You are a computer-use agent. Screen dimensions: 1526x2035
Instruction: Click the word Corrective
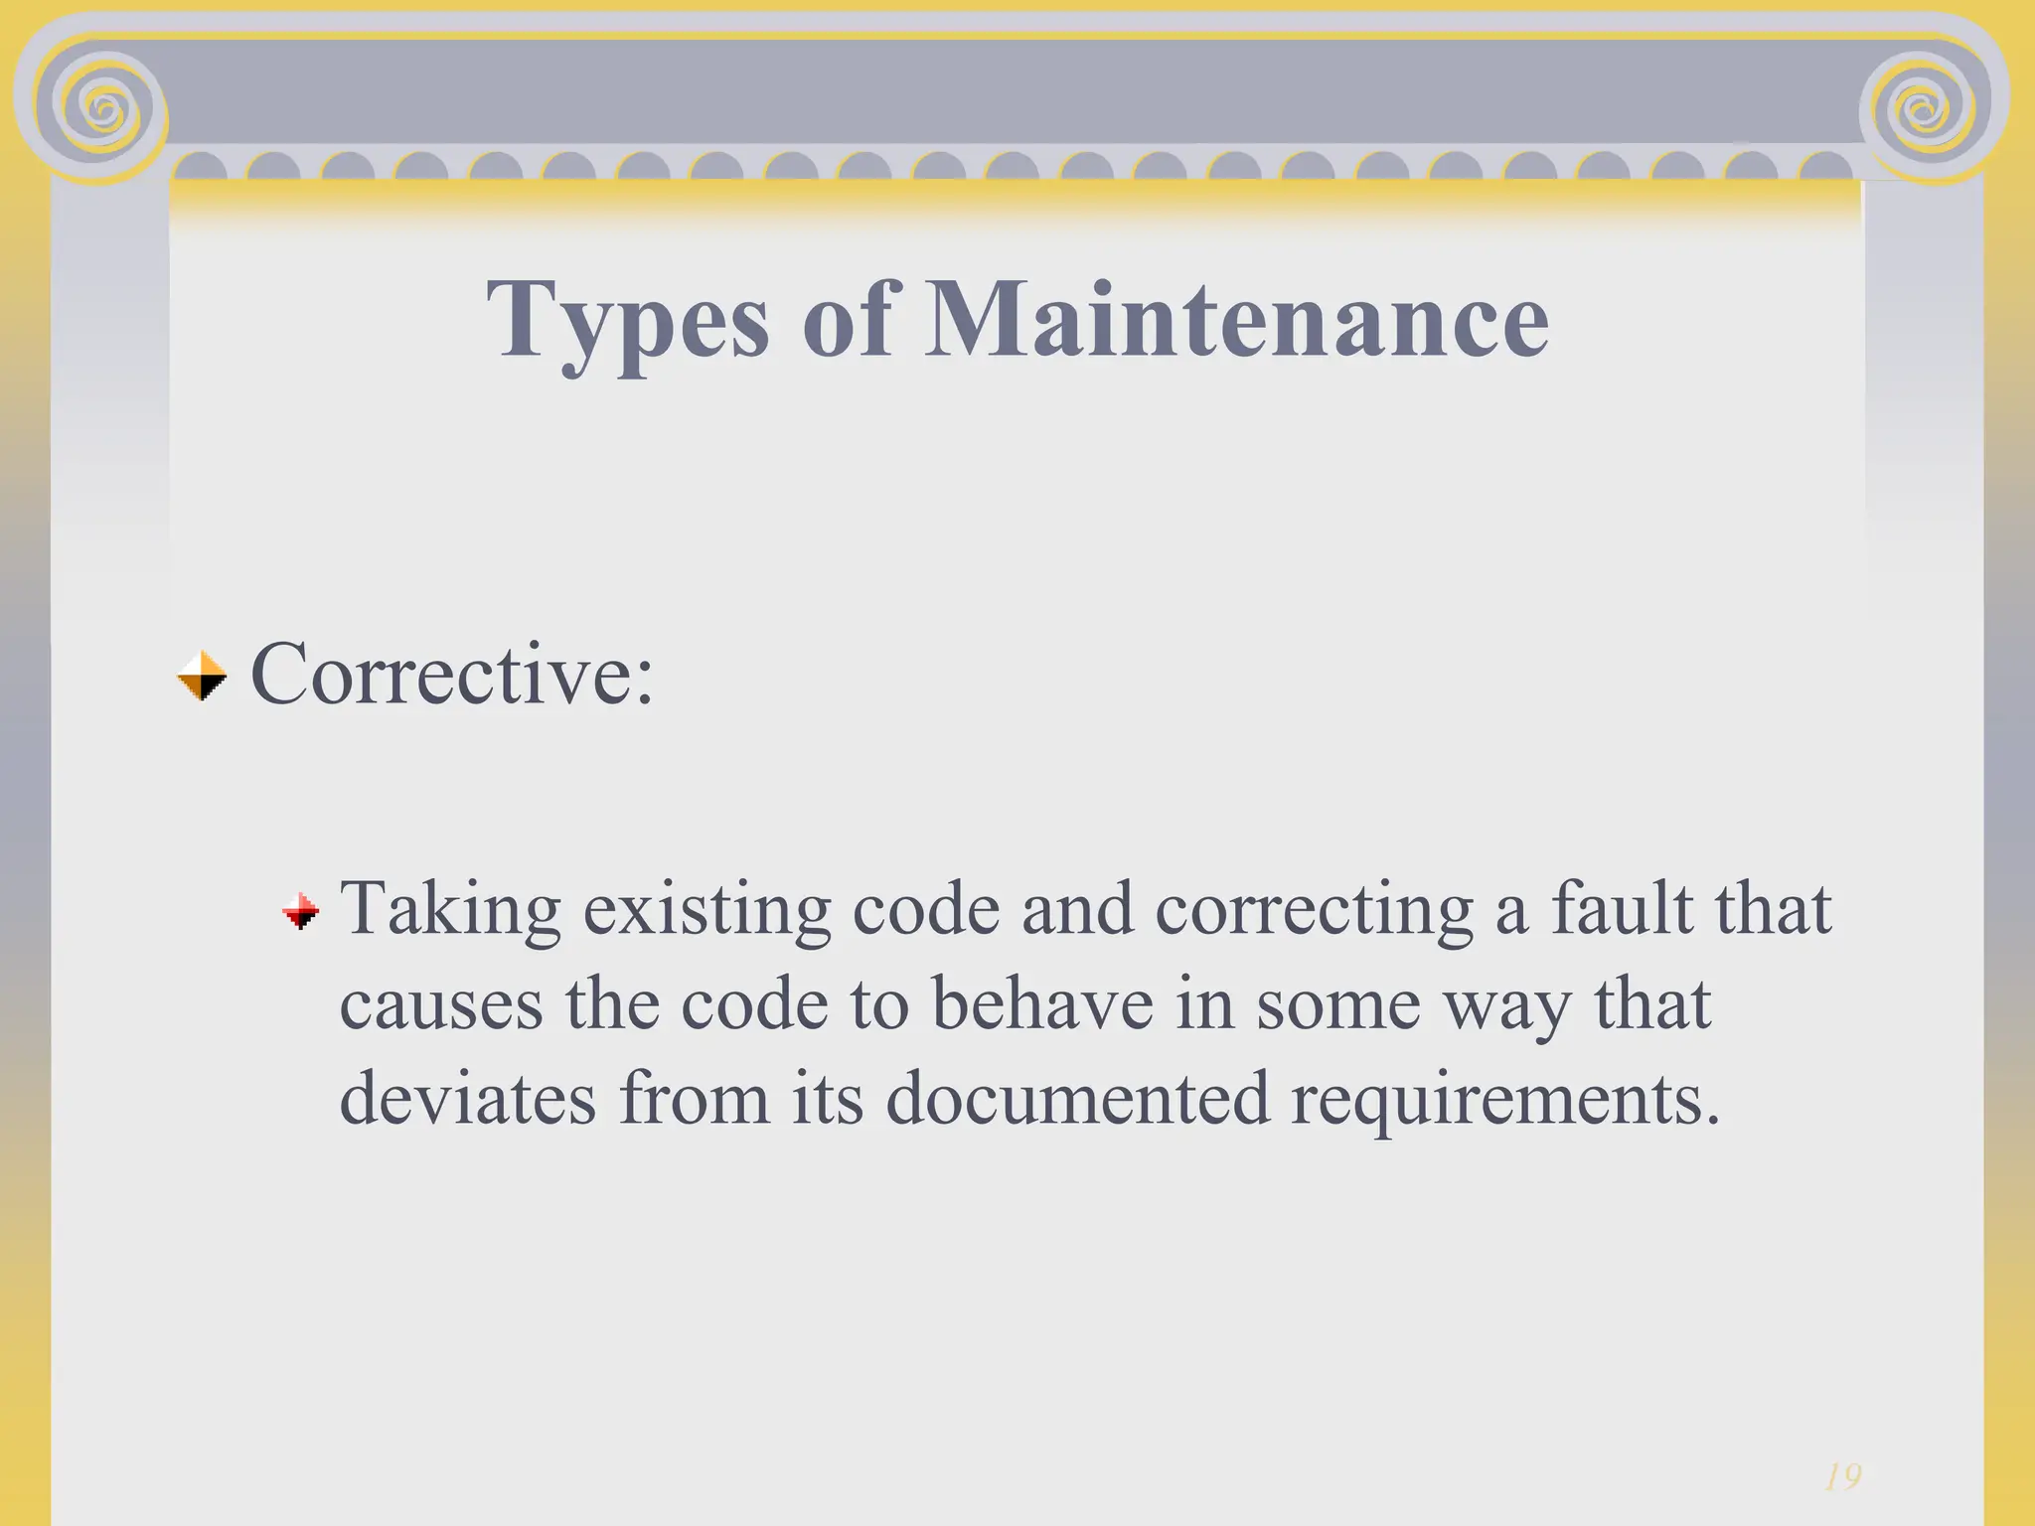coord(452,676)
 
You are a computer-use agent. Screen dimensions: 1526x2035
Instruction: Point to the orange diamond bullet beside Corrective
coord(202,677)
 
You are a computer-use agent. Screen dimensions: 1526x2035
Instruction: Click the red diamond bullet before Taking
coord(301,910)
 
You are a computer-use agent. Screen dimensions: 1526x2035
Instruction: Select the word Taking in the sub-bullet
coord(451,909)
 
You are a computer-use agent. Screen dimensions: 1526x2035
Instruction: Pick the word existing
coord(706,909)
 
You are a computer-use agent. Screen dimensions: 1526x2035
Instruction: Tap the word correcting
coord(1314,909)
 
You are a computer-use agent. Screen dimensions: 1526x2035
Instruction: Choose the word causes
coord(442,1004)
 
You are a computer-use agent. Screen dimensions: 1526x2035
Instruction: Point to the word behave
coord(1042,1003)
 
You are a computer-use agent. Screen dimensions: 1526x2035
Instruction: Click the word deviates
coord(468,1099)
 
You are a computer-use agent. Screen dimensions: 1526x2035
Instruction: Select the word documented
coord(1077,1099)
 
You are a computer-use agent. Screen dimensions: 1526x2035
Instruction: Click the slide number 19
coord(1843,1477)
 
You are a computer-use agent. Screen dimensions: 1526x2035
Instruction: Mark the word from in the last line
coord(694,1099)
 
